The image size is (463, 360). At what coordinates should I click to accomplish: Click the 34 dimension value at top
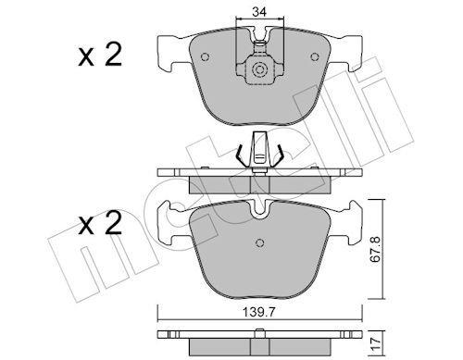(x=259, y=12)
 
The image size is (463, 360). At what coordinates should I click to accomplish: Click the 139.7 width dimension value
(x=258, y=313)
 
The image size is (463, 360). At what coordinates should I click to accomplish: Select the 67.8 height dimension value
(x=376, y=250)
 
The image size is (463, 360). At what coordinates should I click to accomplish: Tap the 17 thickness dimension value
(x=376, y=343)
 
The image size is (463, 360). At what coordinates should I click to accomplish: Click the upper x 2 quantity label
(x=100, y=55)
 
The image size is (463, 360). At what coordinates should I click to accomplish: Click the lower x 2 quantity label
(x=100, y=223)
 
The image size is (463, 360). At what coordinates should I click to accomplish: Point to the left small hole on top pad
(x=205, y=57)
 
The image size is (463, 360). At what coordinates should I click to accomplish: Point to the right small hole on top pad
(x=315, y=57)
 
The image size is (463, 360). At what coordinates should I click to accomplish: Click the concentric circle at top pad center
(x=259, y=69)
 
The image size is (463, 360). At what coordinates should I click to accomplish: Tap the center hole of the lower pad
(x=260, y=242)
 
